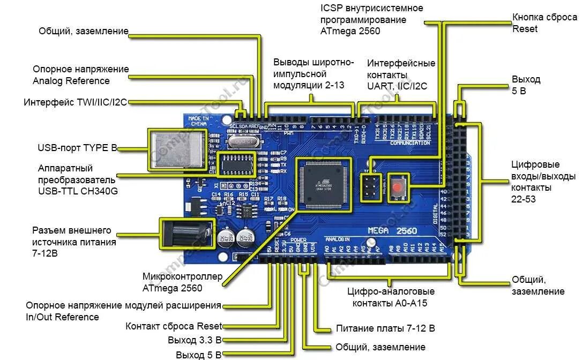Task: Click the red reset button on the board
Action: (x=398, y=187)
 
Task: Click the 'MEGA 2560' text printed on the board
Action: (x=393, y=230)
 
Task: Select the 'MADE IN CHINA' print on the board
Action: (x=198, y=121)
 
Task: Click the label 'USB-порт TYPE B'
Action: (x=77, y=147)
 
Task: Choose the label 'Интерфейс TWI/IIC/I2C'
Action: (x=76, y=102)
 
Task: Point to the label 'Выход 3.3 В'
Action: (x=194, y=340)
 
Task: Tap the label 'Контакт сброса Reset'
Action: (x=173, y=326)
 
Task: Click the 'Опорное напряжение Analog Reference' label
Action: (x=80, y=75)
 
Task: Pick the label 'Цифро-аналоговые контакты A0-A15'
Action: (x=390, y=297)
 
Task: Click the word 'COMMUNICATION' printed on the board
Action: (x=410, y=143)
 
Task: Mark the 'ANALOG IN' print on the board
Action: (x=338, y=239)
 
